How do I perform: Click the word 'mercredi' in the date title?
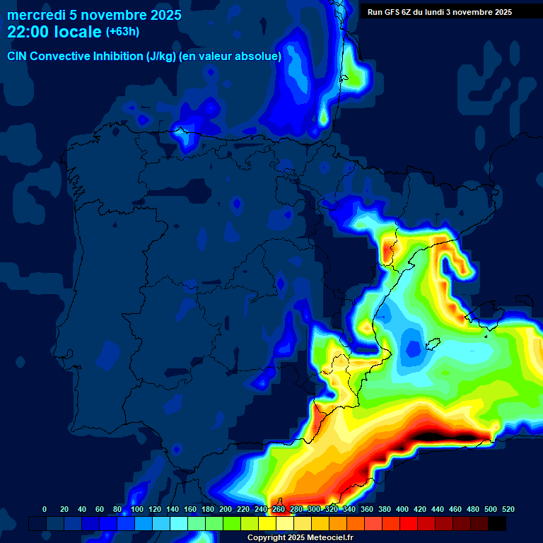34,15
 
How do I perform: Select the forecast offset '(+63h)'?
122,32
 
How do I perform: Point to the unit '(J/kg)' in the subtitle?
162,57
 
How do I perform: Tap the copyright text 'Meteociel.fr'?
329,538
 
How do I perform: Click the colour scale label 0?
45,510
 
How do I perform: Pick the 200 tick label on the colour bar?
226,510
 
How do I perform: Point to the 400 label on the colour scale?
402,510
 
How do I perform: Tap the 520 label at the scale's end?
508,510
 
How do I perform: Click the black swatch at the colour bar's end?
497,523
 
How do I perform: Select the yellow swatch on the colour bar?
267,523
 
